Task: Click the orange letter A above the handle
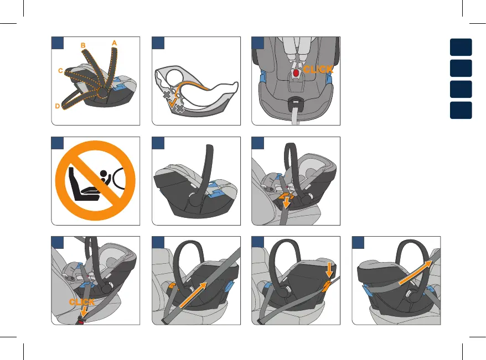tap(114, 42)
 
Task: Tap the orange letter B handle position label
tap(83, 45)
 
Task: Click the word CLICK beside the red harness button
tap(318, 70)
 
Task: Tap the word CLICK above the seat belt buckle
tap(82, 302)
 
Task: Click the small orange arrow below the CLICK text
tap(83, 312)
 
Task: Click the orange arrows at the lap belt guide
tap(286, 199)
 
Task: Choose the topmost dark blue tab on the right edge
tap(461, 46)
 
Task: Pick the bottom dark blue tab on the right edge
tap(461, 109)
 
